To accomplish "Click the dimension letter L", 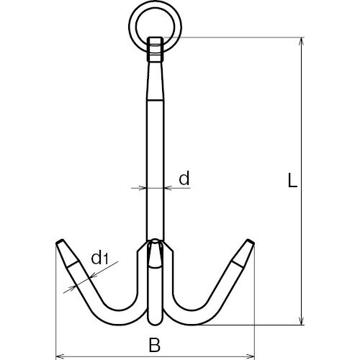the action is (292, 180).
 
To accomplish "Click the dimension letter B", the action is (155, 345).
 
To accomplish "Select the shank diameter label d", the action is (184, 178).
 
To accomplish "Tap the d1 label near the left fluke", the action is (100, 258).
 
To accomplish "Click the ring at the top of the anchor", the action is (155, 9).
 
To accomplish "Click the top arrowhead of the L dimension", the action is (302, 41).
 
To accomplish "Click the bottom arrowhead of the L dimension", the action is (302, 321).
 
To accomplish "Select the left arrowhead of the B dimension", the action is (59, 355).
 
